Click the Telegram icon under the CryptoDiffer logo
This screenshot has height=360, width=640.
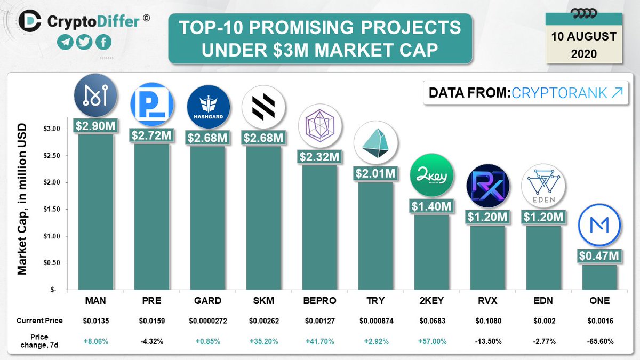coord(65,43)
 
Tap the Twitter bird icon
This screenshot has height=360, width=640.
coord(84,43)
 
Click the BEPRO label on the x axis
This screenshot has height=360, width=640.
coord(319,301)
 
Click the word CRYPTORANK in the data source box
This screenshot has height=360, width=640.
coord(558,93)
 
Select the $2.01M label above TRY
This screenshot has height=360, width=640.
coord(375,173)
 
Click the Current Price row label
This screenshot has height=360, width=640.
coord(39,321)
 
